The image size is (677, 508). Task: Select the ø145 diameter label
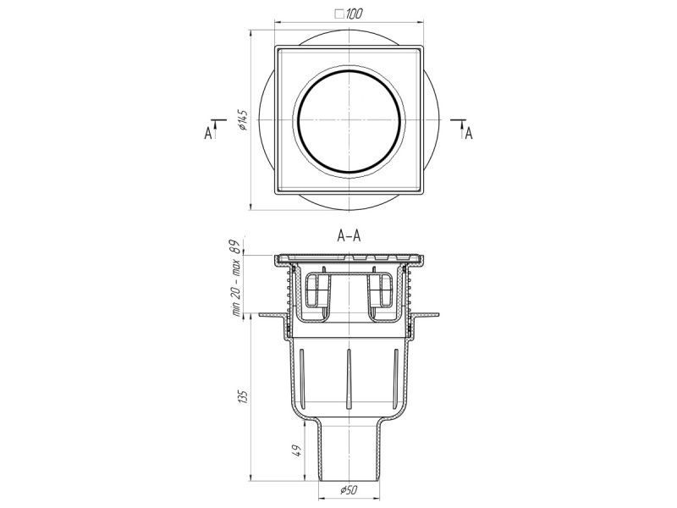tap(242, 119)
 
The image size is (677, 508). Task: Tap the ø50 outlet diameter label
tap(349, 489)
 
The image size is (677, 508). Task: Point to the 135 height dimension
tap(244, 396)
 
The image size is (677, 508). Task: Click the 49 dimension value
tap(297, 450)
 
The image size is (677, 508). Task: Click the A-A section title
tap(349, 236)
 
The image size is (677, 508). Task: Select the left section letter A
tap(208, 134)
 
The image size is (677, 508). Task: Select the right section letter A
tap(469, 134)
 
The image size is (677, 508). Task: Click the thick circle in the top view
tap(298, 121)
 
